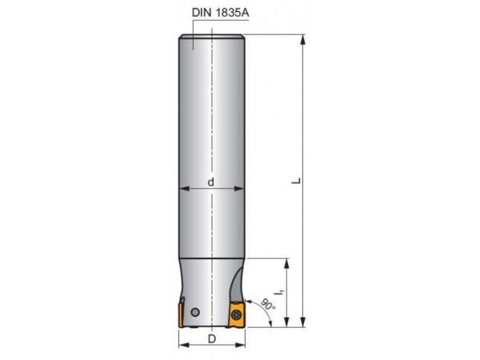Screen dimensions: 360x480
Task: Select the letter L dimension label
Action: point(296,182)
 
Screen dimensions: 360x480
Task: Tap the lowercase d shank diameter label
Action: point(210,181)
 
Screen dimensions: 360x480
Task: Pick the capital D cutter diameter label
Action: point(210,338)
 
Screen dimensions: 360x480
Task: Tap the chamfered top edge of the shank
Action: point(210,36)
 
